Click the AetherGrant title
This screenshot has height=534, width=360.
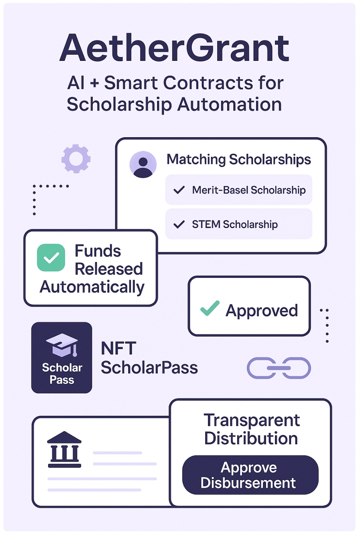click(x=174, y=48)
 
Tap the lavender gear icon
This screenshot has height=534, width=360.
click(x=76, y=158)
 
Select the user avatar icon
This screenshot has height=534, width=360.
click(x=143, y=165)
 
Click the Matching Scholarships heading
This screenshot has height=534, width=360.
click(x=238, y=159)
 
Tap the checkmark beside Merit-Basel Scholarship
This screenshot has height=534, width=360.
click(x=179, y=190)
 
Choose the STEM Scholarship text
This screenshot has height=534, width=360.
click(x=234, y=224)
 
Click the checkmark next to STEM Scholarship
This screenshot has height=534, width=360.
click(x=179, y=224)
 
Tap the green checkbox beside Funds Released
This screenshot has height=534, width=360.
click(x=51, y=257)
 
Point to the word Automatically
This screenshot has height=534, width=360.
click(x=92, y=287)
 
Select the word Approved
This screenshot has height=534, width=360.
click(x=261, y=311)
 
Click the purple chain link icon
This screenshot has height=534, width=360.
click(x=279, y=368)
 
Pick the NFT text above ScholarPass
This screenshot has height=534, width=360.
click(x=118, y=348)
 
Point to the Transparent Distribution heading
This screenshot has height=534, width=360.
click(x=251, y=429)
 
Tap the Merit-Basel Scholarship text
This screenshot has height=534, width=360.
click(x=249, y=190)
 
